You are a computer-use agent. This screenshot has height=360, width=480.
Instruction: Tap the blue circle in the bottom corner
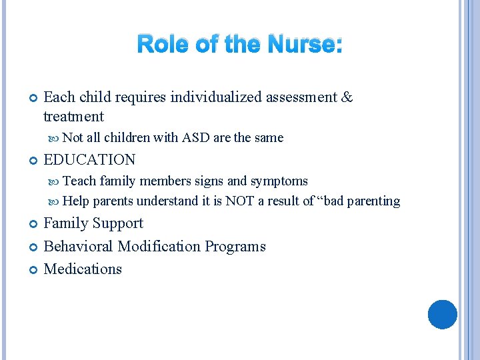click(442, 315)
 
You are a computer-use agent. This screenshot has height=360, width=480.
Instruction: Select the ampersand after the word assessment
click(346, 97)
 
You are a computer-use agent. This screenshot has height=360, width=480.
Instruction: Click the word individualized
click(217, 97)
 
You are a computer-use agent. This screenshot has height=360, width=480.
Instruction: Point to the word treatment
click(73, 117)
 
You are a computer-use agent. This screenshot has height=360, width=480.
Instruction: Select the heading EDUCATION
click(89, 160)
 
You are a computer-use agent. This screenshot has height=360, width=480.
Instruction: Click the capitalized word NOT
click(239, 201)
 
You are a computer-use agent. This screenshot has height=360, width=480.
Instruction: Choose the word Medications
click(83, 269)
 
